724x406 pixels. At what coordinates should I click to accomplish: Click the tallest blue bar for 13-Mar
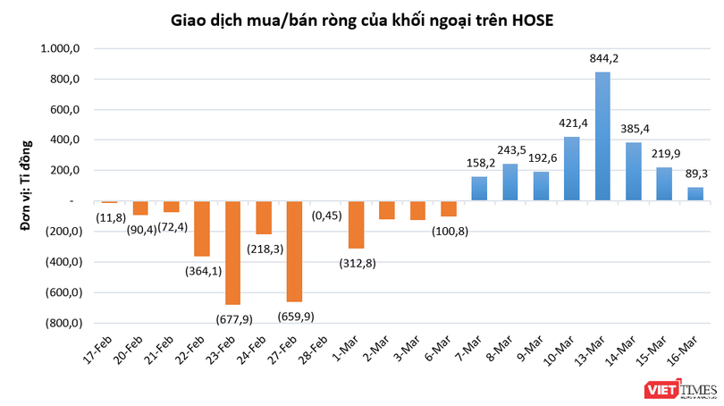tap(602, 136)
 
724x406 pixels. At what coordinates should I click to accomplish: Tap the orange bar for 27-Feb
tap(294, 251)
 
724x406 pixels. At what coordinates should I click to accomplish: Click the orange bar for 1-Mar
tap(356, 224)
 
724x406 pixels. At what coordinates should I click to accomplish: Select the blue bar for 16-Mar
tap(695, 193)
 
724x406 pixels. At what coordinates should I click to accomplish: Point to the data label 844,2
tap(603, 59)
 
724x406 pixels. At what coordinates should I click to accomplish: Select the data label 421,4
tap(572, 124)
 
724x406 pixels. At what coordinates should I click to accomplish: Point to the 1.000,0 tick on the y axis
tap(66, 49)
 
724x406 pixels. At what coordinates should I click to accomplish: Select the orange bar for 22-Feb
tap(201, 229)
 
